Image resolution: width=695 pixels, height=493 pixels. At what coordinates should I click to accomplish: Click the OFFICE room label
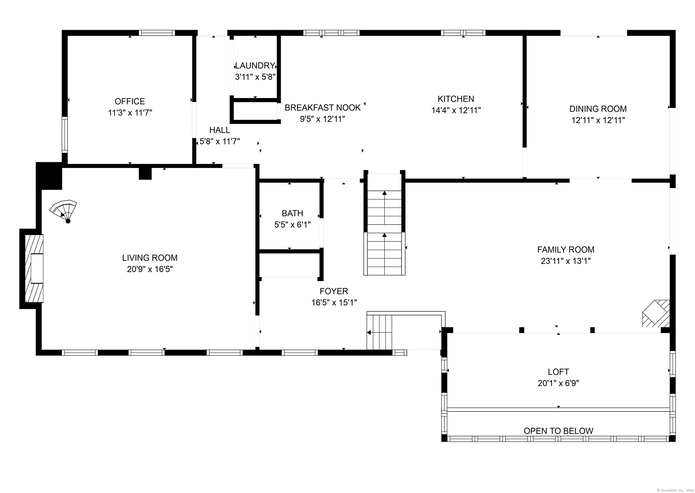130,101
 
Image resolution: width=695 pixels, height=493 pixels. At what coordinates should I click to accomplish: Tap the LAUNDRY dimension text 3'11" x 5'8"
255,77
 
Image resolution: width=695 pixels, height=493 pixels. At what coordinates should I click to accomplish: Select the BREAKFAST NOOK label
322,108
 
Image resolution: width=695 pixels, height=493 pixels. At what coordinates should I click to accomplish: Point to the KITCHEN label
456,99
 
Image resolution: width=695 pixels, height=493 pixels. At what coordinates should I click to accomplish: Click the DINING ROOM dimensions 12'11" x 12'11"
598,120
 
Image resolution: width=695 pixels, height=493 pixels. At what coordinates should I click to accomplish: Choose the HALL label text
219,130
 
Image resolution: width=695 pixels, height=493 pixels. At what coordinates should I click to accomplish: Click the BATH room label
292,213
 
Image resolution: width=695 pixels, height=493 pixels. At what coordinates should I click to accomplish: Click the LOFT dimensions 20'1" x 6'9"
558,383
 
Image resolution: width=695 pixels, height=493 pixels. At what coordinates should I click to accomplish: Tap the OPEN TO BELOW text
558,431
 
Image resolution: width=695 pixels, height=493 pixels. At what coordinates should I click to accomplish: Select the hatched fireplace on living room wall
34,269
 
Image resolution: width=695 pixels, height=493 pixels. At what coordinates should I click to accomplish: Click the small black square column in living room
145,174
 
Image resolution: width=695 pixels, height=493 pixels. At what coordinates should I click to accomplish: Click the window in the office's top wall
157,33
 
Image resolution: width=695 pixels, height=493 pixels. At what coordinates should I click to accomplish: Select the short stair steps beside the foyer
379,332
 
